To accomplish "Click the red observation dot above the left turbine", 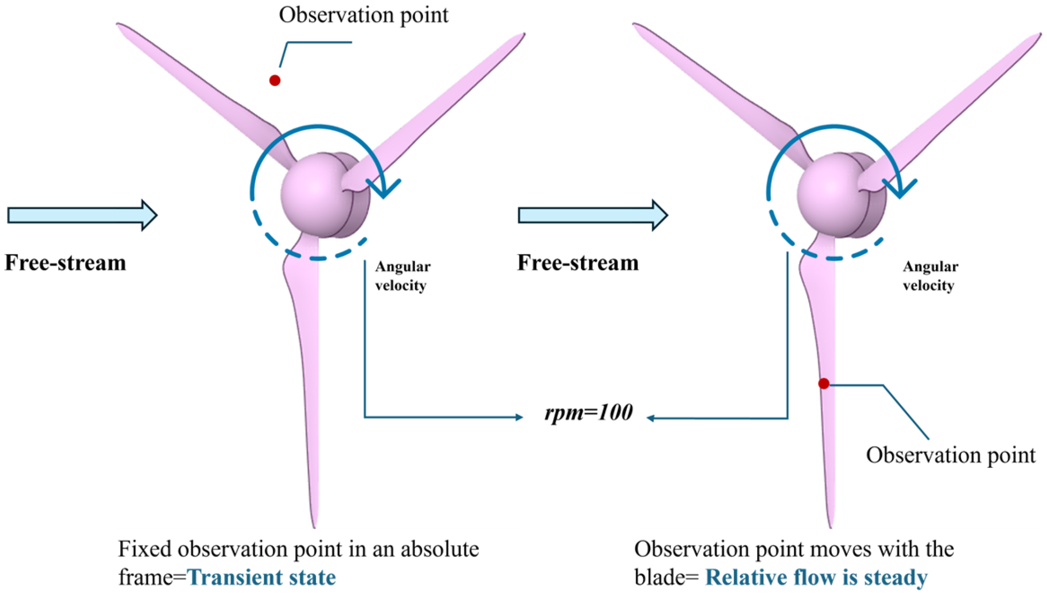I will click(275, 80).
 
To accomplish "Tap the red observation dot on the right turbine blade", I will click(824, 383).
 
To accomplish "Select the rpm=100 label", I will click(588, 412).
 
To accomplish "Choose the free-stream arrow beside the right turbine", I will click(592, 215).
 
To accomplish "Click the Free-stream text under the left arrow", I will click(65, 263).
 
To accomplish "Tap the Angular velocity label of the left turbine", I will click(402, 276).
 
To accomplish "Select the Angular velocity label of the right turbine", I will click(930, 276).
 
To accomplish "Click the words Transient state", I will click(262, 577).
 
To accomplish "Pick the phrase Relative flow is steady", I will click(816, 577).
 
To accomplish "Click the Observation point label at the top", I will click(363, 15).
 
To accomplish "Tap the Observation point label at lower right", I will click(951, 455).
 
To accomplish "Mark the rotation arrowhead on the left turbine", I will click(384, 188).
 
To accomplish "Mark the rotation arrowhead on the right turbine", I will click(900, 188).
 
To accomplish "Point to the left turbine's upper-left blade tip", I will click(119, 25).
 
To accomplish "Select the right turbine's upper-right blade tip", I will click(1038, 36).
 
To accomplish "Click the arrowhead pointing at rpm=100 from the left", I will click(519, 417).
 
